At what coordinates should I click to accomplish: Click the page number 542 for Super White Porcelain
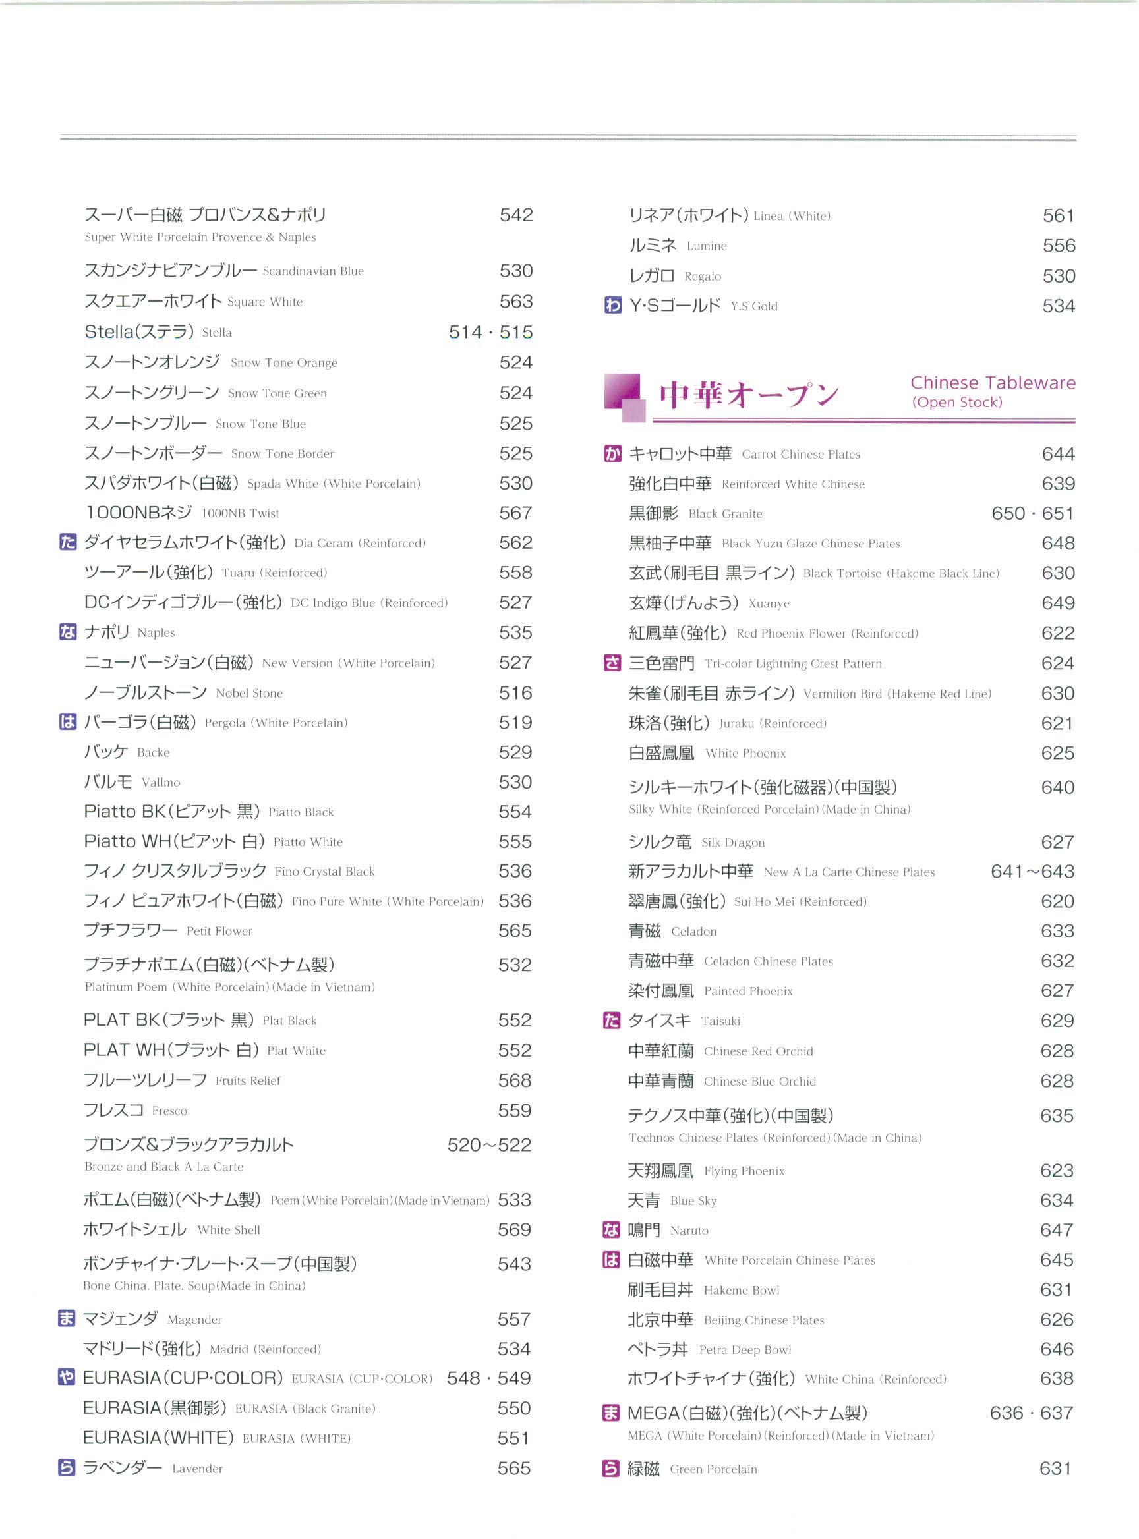515,215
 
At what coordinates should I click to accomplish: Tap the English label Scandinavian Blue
313,271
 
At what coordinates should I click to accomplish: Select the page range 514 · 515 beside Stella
490,332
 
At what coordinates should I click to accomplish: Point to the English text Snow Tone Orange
284,363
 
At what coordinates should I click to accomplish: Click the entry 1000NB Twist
240,513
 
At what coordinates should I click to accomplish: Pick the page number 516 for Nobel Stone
515,692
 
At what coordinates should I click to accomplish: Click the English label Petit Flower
219,931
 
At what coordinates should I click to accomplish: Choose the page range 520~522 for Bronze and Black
489,1145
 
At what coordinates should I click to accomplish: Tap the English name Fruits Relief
248,1080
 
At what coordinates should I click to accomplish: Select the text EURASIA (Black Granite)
305,1409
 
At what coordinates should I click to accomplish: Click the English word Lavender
197,1469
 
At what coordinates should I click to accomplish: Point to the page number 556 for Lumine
1059,246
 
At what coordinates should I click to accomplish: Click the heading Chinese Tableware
992,383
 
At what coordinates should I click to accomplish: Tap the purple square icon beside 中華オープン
624,398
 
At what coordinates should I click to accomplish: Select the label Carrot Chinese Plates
800,455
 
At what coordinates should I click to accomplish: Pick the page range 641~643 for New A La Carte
1032,872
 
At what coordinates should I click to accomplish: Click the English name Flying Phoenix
744,1171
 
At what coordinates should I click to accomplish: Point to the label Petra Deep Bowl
745,1350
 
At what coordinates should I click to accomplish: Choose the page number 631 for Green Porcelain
1055,1469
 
